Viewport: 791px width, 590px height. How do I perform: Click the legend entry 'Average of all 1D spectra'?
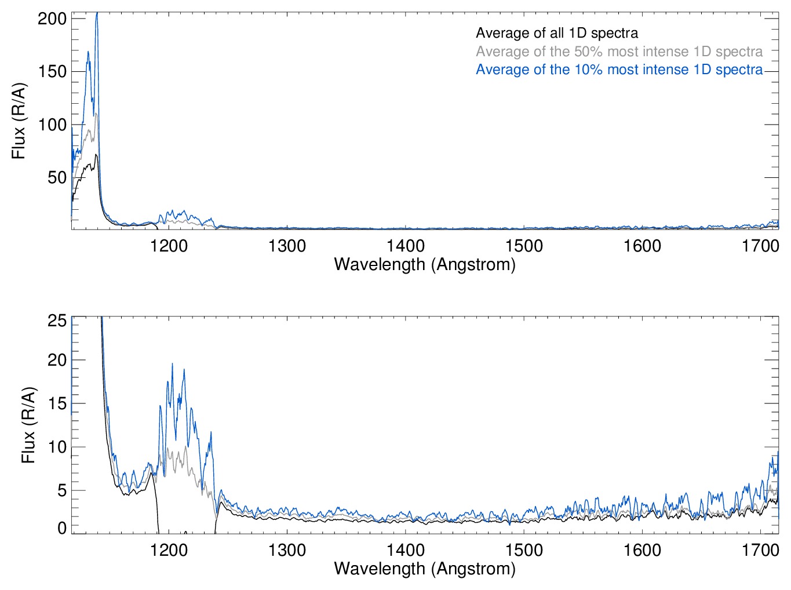pos(557,34)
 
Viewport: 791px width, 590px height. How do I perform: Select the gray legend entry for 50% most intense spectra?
pos(619,52)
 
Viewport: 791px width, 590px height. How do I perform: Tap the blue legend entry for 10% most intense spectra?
pos(619,70)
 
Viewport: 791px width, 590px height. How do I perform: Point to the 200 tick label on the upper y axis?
pos(52,19)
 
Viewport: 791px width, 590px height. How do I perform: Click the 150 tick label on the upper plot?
pos(52,71)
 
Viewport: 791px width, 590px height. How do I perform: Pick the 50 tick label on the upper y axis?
pos(56,177)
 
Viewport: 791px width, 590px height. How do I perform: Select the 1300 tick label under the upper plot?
pos(287,246)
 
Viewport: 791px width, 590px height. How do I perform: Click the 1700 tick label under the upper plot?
pos(760,246)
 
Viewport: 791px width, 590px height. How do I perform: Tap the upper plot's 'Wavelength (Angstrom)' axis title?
pos(425,265)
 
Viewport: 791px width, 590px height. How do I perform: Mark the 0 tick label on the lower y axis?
pos(61,528)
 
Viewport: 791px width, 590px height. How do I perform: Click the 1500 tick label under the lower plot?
pos(524,550)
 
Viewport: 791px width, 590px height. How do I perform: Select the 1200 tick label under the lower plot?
pos(169,550)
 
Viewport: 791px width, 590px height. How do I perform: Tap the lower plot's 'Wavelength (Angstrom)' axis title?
pos(425,569)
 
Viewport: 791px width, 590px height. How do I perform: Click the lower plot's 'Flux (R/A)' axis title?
pos(28,425)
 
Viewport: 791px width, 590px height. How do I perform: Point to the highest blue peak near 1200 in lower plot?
pos(172,364)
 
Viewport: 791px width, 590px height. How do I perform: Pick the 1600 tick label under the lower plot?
pos(642,550)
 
